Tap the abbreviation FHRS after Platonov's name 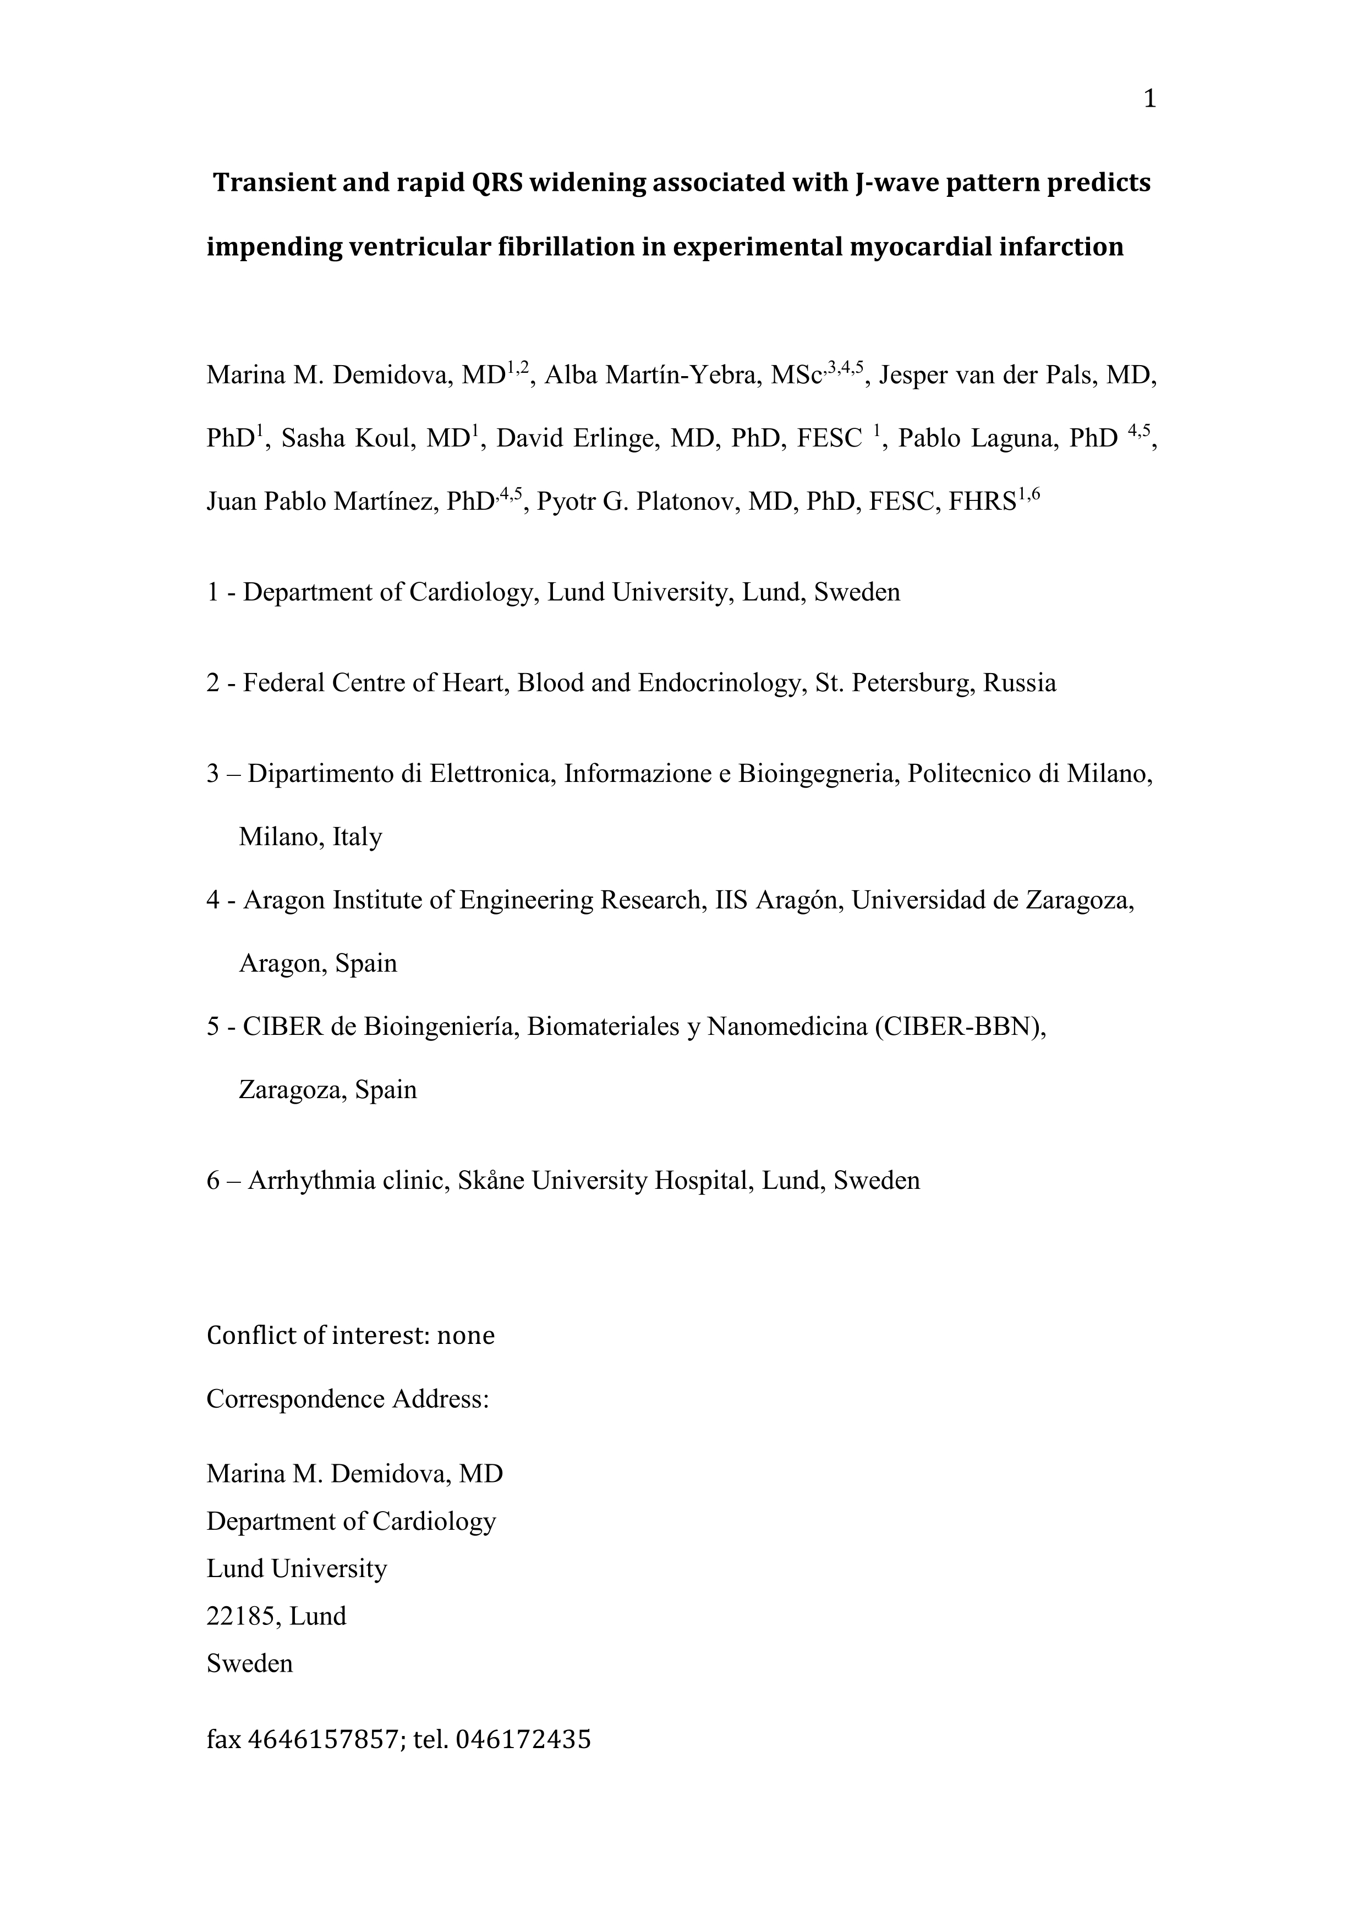coord(982,501)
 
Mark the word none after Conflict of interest coord(465,1335)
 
